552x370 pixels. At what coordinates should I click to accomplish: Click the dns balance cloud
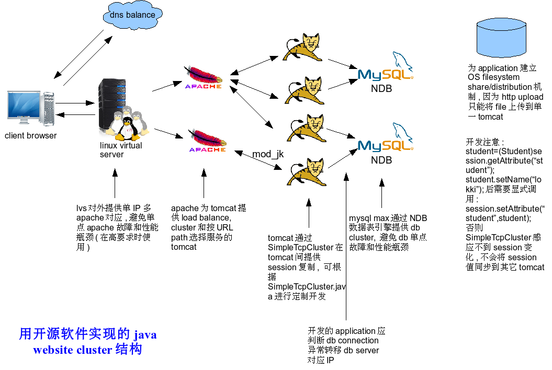coord(132,15)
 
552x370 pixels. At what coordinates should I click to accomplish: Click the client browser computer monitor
coord(24,107)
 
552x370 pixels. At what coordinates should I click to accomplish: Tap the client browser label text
coord(31,136)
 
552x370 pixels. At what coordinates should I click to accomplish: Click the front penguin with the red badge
coord(127,129)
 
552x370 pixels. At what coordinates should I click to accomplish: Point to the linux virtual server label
coord(121,150)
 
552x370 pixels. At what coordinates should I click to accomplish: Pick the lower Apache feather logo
coord(207,142)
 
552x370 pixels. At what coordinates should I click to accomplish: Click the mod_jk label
coord(268,154)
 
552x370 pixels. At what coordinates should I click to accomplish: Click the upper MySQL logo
coord(386,71)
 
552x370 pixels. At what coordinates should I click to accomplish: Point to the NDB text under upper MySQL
coord(381,89)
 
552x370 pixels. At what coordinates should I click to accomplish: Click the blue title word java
coord(145,334)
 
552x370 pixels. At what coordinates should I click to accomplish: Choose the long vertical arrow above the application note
coord(346,246)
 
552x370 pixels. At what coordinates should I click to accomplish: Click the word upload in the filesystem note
coord(531,97)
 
